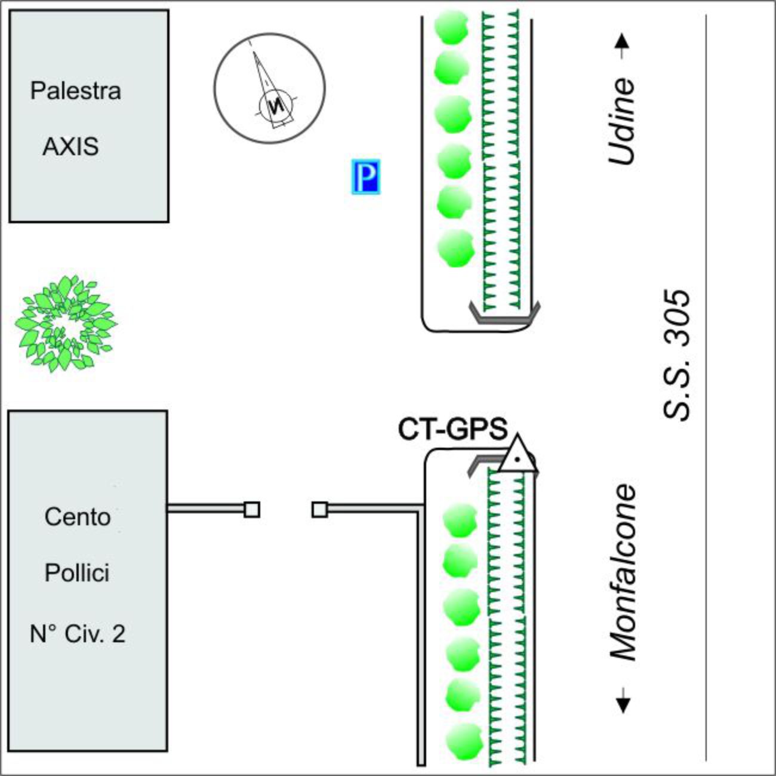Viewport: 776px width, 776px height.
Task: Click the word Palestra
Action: pyautogui.click(x=76, y=91)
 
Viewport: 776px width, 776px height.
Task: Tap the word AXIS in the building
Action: pyautogui.click(x=70, y=147)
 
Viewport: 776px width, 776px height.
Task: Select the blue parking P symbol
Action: pyautogui.click(x=365, y=177)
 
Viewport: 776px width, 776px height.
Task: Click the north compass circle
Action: pyautogui.click(x=270, y=88)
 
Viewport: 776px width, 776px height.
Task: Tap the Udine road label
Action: pyautogui.click(x=621, y=121)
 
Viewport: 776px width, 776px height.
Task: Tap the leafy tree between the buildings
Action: pyautogui.click(x=65, y=323)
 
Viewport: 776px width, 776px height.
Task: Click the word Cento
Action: pyautogui.click(x=78, y=517)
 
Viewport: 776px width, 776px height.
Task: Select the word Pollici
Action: pyautogui.click(x=77, y=573)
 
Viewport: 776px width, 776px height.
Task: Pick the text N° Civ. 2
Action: pyautogui.click(x=78, y=634)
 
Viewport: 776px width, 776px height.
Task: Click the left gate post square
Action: pyautogui.click(x=252, y=509)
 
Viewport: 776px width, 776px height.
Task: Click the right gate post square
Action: pyautogui.click(x=320, y=509)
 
